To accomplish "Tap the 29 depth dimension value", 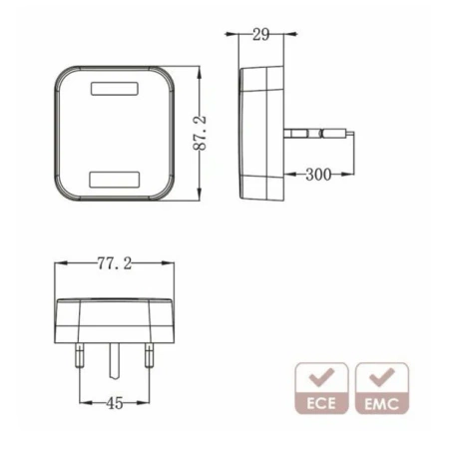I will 260,35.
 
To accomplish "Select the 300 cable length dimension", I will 317,175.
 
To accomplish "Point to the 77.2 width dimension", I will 114,263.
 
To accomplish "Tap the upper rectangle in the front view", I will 115,88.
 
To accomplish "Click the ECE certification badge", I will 321,389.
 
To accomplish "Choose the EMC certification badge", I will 381,389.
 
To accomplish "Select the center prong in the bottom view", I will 114,359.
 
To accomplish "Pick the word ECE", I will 321,405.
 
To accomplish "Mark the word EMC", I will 381,405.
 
